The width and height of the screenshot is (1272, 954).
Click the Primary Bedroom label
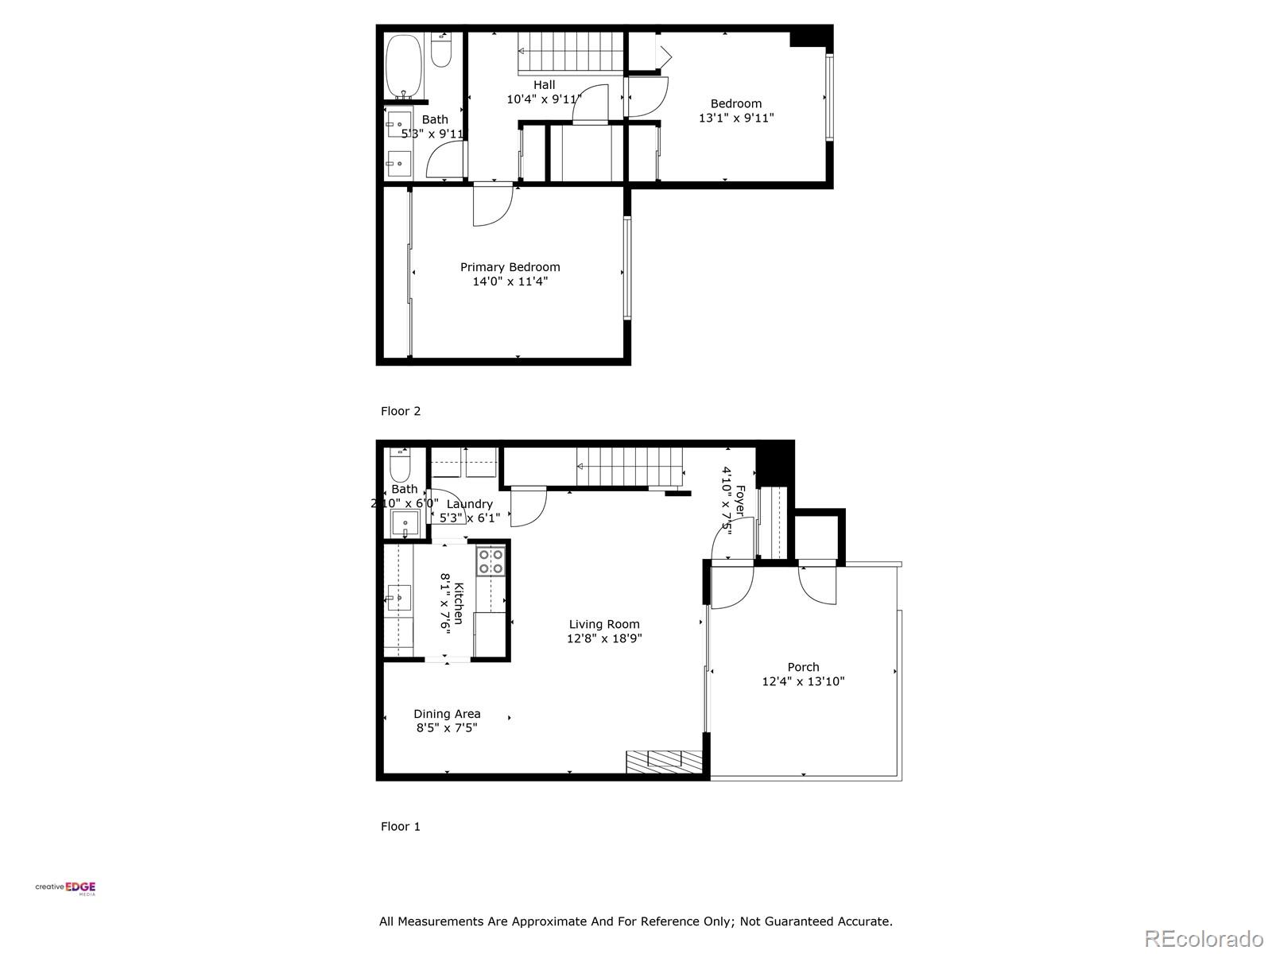tap(510, 267)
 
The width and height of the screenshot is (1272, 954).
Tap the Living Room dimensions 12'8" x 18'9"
tap(604, 638)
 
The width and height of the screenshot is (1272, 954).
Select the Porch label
tap(803, 667)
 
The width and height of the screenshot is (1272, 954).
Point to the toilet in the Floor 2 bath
tap(441, 50)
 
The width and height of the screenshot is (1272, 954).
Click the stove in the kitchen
tap(490, 561)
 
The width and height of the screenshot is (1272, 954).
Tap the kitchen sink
tap(398, 597)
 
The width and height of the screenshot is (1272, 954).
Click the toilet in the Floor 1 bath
tap(400, 465)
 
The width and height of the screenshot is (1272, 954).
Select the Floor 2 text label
tap(401, 411)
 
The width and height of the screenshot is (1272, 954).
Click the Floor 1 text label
tap(401, 826)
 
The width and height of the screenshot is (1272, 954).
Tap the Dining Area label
tap(447, 714)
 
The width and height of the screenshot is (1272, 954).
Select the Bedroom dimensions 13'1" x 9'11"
tap(736, 118)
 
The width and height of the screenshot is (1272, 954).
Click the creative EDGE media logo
tap(66, 889)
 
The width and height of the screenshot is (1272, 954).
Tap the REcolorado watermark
tap(1203, 938)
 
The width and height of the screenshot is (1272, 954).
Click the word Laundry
tap(470, 504)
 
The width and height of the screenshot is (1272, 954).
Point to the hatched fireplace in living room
tap(664, 761)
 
